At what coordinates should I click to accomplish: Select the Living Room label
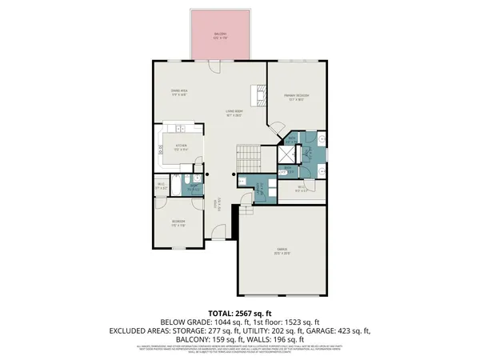click(233, 113)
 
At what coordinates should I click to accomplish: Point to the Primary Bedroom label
click(296, 95)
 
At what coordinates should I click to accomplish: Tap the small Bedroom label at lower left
click(178, 222)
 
